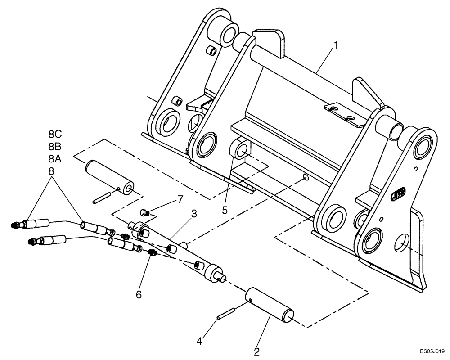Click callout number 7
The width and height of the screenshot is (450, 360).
pos(180,198)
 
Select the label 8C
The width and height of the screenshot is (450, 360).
pos(56,134)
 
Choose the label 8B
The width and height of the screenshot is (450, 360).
pos(56,147)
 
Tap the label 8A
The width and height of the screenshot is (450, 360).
pos(56,159)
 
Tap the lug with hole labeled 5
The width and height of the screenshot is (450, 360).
pos(240,150)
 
